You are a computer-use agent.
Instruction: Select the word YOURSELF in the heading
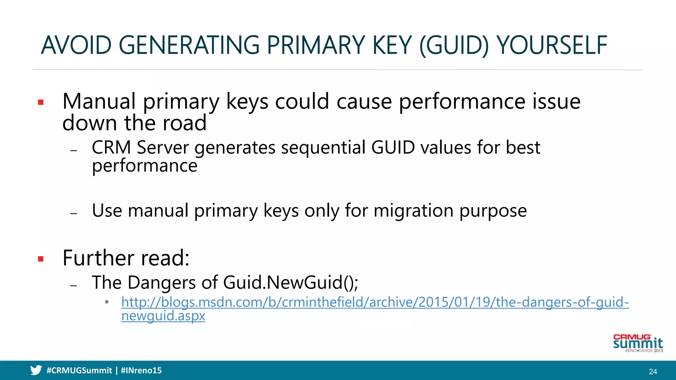(552, 46)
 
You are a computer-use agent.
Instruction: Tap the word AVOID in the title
(76, 46)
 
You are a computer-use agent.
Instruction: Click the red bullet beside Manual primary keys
(41, 102)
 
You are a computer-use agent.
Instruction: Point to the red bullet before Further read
(41, 259)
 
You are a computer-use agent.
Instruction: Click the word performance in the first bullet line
(461, 102)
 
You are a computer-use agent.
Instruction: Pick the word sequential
(323, 147)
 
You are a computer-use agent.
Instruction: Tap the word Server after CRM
(162, 147)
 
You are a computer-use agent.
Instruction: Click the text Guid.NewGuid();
(290, 283)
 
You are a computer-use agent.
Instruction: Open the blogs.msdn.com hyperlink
(375, 302)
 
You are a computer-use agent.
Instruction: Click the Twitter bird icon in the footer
(36, 370)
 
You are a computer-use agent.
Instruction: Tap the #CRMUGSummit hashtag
(79, 370)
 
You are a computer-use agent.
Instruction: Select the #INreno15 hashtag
(141, 370)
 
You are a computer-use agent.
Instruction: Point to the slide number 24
(653, 371)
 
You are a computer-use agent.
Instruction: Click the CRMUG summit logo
(638, 343)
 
